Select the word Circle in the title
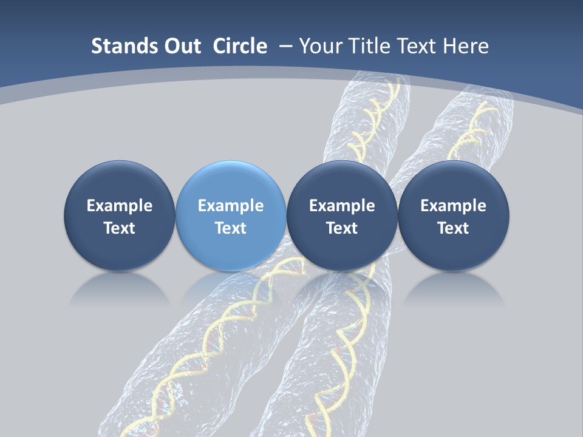click(240, 46)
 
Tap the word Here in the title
click(468, 46)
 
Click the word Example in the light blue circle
click(231, 206)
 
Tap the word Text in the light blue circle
click(231, 228)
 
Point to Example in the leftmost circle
click(120, 206)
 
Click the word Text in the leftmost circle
click(120, 228)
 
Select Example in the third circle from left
click(342, 206)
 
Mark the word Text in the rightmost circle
click(453, 228)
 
